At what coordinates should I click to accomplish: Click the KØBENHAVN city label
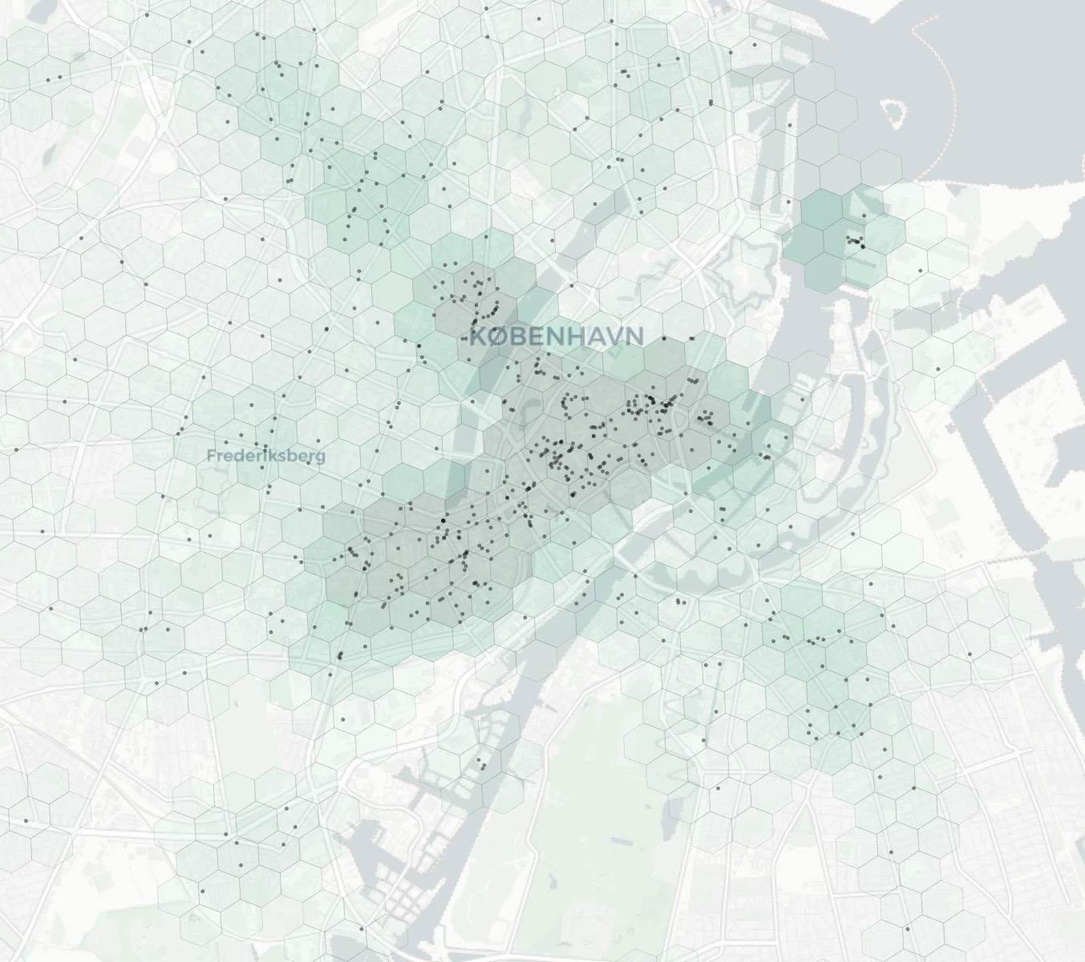click(557, 336)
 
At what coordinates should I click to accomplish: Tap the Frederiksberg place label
click(266, 455)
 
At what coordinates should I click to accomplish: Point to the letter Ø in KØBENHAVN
click(498, 336)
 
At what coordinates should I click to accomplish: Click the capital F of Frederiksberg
click(212, 455)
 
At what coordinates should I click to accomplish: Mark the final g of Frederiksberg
click(321, 457)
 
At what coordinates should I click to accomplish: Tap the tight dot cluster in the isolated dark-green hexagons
click(856, 240)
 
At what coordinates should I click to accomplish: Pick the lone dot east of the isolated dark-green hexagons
click(921, 270)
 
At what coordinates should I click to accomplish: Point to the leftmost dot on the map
click(16, 450)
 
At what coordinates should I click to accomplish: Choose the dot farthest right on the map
click(970, 654)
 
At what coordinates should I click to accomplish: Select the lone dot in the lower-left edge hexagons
click(26, 821)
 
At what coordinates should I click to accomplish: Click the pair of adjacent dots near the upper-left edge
click(53, 79)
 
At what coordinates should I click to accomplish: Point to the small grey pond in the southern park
click(620, 841)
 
